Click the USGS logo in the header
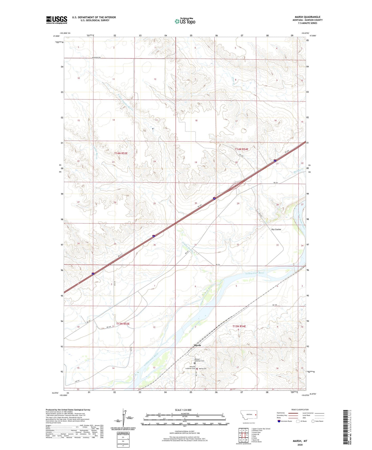tap(56, 20)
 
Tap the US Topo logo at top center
tap(185, 21)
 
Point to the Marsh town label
tap(197, 345)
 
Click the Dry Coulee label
tap(276, 229)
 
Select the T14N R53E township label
tap(121, 153)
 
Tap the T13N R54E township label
tap(239, 326)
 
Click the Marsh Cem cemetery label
tap(203, 369)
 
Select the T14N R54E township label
tap(241, 149)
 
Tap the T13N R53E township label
tap(123, 324)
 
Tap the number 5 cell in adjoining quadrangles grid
tap(247, 435)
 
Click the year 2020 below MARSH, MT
tap(300, 445)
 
